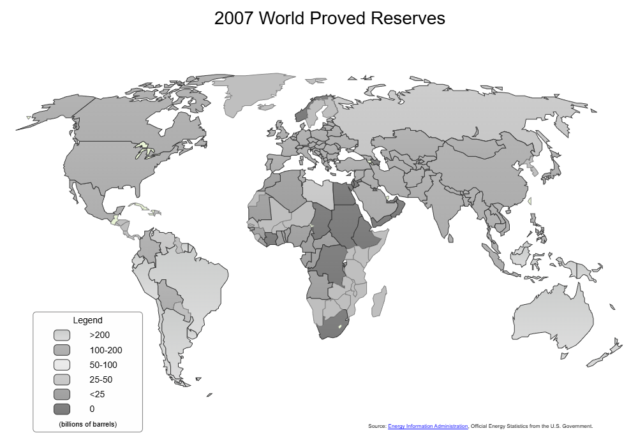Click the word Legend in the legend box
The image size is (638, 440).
pyautogui.click(x=87, y=320)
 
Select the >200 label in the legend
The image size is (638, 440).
pyautogui.click(x=100, y=335)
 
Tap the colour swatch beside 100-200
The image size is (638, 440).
pyautogui.click(x=62, y=350)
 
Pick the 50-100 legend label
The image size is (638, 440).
pyautogui.click(x=103, y=365)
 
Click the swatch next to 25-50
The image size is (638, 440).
pyautogui.click(x=62, y=379)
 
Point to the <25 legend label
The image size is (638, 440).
pyautogui.click(x=97, y=394)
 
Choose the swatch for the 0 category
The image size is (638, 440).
pyautogui.click(x=62, y=409)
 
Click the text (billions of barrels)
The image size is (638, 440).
pyautogui.click(x=87, y=423)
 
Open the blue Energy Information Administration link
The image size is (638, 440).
pyautogui.click(x=427, y=426)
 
